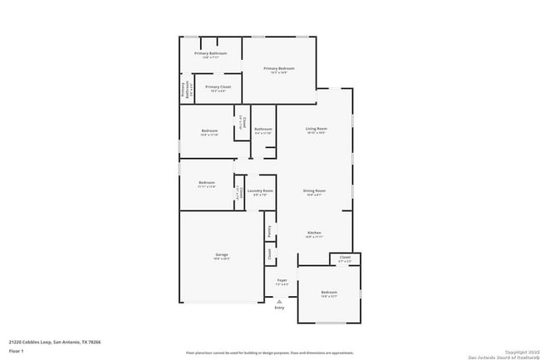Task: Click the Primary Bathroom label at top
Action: [210, 53]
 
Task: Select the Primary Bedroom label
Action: [279, 68]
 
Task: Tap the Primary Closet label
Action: [218, 86]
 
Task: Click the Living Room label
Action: [316, 128]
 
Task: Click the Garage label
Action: [222, 254]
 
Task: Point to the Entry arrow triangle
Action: [279, 300]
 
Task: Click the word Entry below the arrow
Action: [279, 308]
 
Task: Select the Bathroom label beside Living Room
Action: [263, 129]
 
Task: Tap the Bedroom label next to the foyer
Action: [329, 292]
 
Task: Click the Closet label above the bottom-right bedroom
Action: [345, 258]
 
